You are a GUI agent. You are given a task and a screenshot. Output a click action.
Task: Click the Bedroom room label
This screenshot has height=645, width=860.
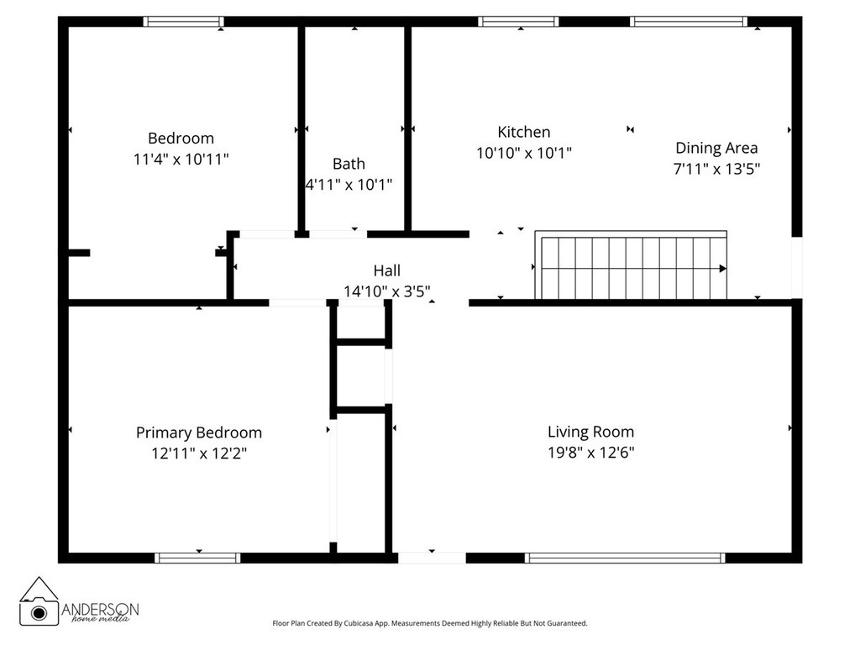(181, 138)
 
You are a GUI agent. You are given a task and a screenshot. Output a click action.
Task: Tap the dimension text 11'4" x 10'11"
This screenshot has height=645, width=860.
(181, 159)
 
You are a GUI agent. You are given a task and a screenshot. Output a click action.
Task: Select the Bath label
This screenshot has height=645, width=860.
(349, 164)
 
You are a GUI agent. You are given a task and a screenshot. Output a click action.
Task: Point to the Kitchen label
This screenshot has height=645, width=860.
(524, 132)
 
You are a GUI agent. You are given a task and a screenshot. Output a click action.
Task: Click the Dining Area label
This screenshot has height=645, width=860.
(716, 148)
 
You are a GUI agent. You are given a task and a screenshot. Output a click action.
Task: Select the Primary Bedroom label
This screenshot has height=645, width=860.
(199, 433)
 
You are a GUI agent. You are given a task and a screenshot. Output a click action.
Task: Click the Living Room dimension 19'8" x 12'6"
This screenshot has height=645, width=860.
(590, 453)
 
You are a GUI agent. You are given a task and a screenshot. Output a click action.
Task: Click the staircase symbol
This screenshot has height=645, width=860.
(630, 267)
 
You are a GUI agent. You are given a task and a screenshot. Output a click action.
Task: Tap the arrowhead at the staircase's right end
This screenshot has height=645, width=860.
(723, 269)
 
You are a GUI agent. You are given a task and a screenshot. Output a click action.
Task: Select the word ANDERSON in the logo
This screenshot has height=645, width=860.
(101, 608)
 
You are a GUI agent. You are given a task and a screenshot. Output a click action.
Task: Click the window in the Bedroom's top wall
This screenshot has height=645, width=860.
(183, 22)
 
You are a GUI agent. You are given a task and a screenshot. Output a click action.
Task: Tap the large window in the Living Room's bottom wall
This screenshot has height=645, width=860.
(625, 557)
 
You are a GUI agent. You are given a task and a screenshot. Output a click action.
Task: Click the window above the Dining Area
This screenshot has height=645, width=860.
(688, 22)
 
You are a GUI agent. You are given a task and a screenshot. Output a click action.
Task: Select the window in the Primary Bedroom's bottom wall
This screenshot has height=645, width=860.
(198, 557)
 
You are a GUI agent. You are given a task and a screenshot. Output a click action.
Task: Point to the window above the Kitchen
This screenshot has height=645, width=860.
(518, 22)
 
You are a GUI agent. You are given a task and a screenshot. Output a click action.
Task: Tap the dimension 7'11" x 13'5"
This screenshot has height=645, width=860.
(716, 168)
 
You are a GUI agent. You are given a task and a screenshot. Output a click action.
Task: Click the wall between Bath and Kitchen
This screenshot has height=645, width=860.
(408, 126)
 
